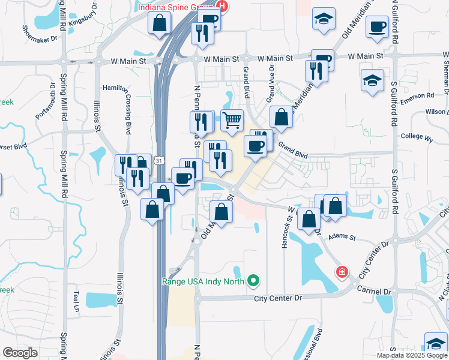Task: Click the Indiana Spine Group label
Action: [x=176, y=7]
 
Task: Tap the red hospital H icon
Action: [x=223, y=7]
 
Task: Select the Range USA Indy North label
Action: [x=205, y=280]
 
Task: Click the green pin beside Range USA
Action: [x=254, y=280]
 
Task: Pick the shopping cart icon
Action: [x=232, y=120]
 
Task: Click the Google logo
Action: [x=19, y=352]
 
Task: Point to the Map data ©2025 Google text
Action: [x=411, y=355]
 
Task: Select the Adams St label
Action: [x=342, y=238]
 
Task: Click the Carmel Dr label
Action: [x=373, y=290]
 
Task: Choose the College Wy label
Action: [x=417, y=137]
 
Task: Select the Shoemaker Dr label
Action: [x=40, y=35]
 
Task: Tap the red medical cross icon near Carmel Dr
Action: [x=342, y=272]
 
